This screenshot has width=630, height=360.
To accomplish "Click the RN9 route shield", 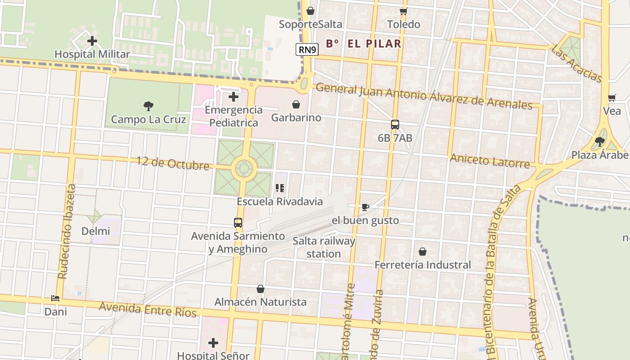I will coord(307,49).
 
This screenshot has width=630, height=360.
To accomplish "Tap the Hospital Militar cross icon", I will coord(92,41).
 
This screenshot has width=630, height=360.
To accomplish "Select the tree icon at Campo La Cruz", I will coord(148,106).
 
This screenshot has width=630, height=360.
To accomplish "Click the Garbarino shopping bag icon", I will coord(296,104).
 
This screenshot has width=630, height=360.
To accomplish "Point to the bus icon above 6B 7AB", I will coord(395,125).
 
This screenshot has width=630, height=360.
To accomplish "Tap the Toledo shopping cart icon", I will coord(404,11).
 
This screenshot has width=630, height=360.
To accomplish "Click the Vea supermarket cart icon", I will coord(612,98).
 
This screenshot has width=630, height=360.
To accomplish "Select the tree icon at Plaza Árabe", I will coord(599,142).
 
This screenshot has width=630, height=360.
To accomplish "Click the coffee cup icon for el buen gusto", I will coord(365,207).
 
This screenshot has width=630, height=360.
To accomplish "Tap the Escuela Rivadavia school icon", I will coord(280,188).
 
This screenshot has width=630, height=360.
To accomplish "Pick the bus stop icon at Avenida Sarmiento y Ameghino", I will coord(238,222).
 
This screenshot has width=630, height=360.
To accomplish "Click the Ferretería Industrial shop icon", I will coord(422,252).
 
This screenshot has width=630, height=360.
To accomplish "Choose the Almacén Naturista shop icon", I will coord(260,289).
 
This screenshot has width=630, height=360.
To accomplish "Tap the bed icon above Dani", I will coord(55,298).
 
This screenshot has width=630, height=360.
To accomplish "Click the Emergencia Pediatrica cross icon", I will coord(233,97).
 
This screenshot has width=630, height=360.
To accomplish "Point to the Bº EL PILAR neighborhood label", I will coord(363,44).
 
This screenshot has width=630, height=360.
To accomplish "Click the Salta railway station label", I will coord(324,247).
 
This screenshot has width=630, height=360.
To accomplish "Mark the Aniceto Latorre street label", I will coord(490,160).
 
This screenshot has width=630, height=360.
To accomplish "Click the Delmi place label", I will coord(95,231).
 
